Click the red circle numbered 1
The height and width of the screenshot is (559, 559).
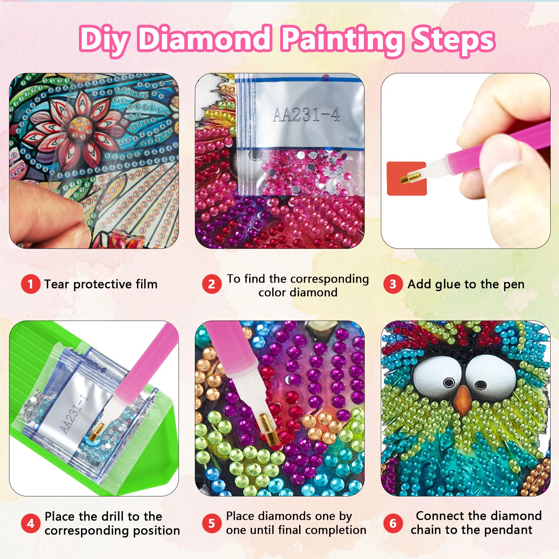[30, 284]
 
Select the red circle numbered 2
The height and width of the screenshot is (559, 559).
[212, 284]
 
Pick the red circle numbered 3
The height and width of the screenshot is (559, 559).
[393, 284]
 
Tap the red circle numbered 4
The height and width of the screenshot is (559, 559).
[30, 523]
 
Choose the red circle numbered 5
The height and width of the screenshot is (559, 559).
[212, 523]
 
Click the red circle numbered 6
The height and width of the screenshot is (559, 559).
[393, 523]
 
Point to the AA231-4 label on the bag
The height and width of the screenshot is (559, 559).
[306, 115]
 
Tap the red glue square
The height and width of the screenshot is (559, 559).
[407, 179]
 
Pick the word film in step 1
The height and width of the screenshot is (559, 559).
[146, 284]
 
